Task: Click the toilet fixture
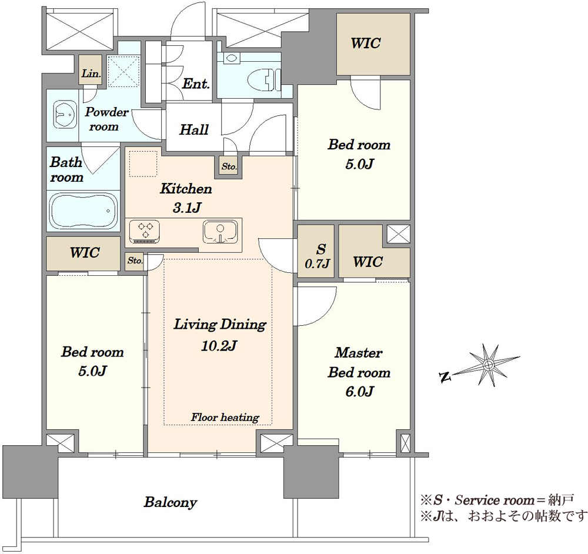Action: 265,79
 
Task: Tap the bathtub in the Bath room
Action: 83,211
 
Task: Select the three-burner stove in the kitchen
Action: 145,231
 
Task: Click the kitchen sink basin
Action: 220,232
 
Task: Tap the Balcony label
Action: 171,502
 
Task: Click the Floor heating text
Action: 225,417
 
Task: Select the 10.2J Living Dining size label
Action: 219,345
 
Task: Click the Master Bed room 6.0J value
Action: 359,392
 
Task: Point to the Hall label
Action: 194,130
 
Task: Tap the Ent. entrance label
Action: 196,84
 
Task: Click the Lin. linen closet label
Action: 91,74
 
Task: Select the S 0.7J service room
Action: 316,251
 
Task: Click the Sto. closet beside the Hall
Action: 228,167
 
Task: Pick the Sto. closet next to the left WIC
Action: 135,261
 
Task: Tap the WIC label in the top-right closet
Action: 366,43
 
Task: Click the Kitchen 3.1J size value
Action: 187,208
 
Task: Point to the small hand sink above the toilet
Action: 230,58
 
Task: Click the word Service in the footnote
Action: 477,500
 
